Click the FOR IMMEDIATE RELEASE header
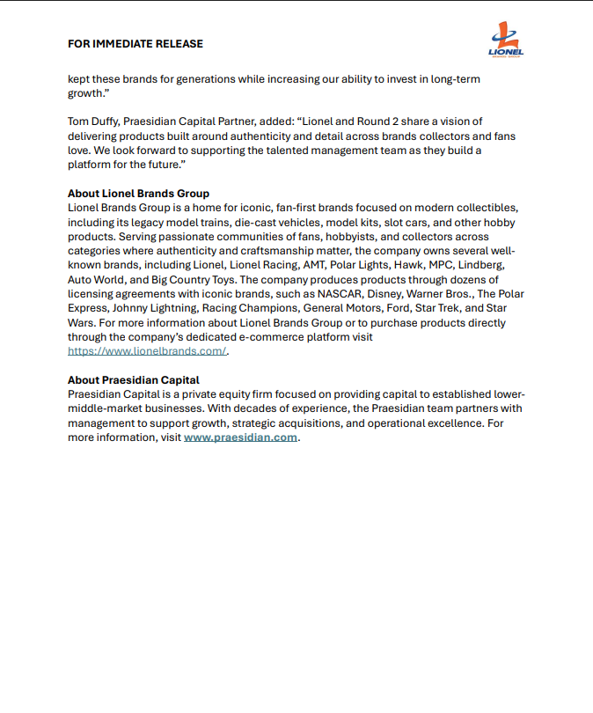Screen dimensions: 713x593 click(x=135, y=44)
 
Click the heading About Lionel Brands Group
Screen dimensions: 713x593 click(x=138, y=194)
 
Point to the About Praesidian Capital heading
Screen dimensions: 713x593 click(x=133, y=380)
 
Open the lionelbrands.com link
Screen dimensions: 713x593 click(x=147, y=350)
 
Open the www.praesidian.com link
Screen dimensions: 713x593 click(x=240, y=437)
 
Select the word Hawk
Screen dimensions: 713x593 click(x=409, y=265)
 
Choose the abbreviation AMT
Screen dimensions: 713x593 click(x=304, y=265)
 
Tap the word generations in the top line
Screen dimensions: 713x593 click(x=199, y=78)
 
